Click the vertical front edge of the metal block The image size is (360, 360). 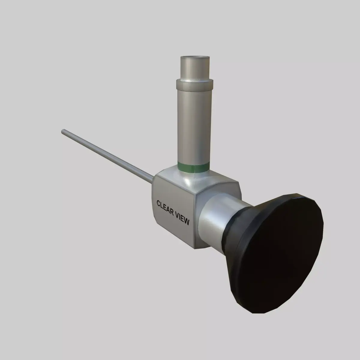pyautogui.click(x=195, y=222)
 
